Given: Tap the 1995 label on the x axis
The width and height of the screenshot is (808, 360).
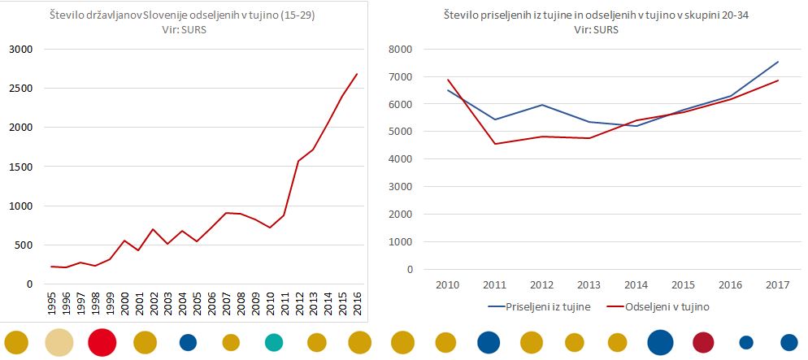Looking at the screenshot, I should [52, 303].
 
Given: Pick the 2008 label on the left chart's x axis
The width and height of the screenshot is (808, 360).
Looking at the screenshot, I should [241, 303].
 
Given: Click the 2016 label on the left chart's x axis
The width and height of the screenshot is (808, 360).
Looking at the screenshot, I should [357, 303].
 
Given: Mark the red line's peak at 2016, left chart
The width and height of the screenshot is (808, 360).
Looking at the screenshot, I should [357, 74].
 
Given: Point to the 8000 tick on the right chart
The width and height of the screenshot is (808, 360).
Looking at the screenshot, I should [402, 50].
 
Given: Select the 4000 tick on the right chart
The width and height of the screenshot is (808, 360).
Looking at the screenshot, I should [402, 159].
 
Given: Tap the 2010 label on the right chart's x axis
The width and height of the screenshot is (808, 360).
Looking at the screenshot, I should [448, 285].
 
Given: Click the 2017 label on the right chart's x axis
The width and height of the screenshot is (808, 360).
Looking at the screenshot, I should [778, 285].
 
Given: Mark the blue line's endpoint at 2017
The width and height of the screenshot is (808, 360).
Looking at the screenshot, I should [778, 62].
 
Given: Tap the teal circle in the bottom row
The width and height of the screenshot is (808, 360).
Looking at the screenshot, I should [274, 343].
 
